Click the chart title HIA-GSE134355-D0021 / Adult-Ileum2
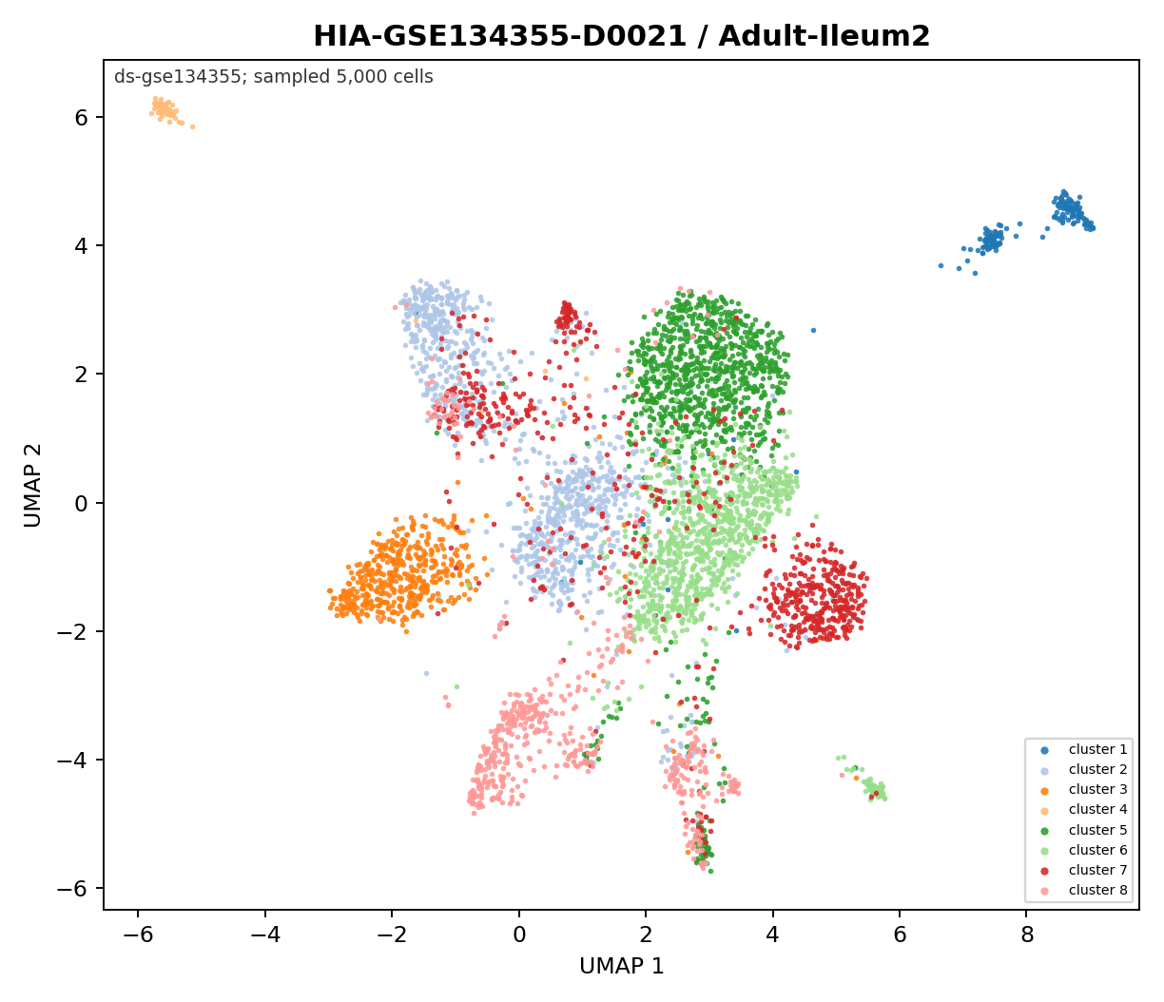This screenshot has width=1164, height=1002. click(x=621, y=36)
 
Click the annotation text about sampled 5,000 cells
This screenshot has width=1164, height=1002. click(x=274, y=77)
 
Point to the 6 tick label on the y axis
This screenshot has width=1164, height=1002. click(x=82, y=117)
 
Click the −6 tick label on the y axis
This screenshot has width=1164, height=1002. click(x=73, y=888)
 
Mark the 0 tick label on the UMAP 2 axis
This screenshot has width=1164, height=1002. click(x=82, y=503)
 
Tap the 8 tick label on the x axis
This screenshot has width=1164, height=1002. click(x=1027, y=935)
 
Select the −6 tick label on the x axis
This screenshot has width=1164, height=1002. click(x=138, y=935)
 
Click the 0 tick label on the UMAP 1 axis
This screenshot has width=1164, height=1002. click(x=519, y=935)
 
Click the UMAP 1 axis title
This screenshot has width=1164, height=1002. click(x=622, y=966)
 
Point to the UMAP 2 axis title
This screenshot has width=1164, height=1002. click(x=32, y=486)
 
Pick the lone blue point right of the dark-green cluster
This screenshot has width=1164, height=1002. click(x=813, y=331)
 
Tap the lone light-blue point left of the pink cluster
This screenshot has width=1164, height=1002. click(x=426, y=673)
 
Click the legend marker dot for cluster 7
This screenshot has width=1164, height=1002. click(x=1044, y=870)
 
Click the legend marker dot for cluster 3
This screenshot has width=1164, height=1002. click(x=1044, y=790)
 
